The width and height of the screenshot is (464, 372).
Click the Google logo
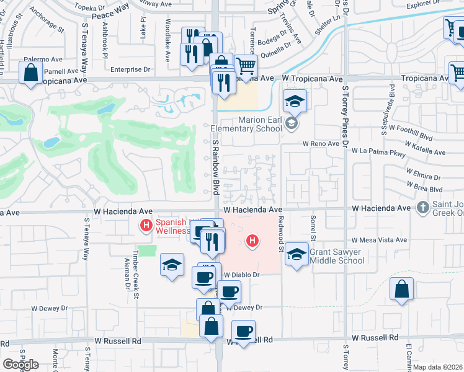tap(20, 365)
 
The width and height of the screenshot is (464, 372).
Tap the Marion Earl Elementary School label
tap(256, 125)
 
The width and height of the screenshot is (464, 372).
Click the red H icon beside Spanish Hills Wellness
tap(146, 224)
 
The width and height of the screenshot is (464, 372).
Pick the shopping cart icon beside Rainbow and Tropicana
tap(246, 65)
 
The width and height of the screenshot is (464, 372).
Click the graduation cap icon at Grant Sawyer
tap(297, 255)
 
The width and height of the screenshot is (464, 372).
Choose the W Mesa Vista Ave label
tap(378, 240)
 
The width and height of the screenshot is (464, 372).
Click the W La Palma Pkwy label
tap(378, 151)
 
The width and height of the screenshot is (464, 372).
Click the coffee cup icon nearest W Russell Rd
tap(244, 331)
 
